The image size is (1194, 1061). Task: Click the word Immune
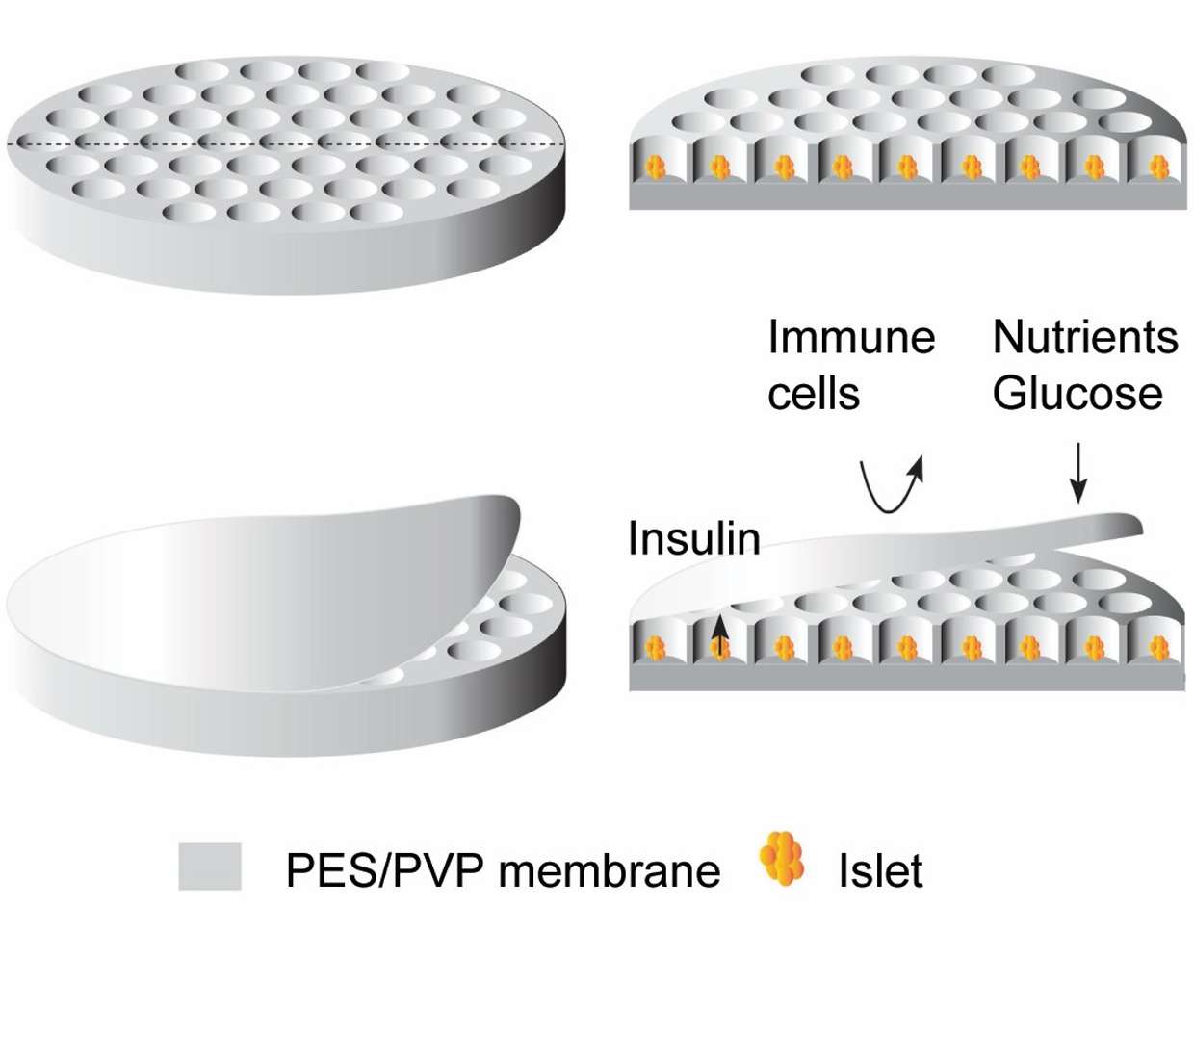[x=850, y=337]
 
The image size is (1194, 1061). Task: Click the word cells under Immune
[x=814, y=393]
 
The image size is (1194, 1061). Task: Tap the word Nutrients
[x=1084, y=337]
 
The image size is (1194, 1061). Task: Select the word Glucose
[x=1077, y=393]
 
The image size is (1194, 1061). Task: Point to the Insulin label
[x=694, y=538]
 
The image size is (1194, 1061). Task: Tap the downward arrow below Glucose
[x=1077, y=473]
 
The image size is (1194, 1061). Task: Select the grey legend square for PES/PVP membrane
[x=210, y=867]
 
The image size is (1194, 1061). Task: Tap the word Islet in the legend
[x=880, y=870]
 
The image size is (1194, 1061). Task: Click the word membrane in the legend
[x=610, y=870]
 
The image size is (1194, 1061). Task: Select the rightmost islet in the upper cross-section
[x=1159, y=167]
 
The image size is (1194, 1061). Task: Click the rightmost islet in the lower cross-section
[x=1159, y=648]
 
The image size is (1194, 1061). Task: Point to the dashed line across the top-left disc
[x=286, y=144]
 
